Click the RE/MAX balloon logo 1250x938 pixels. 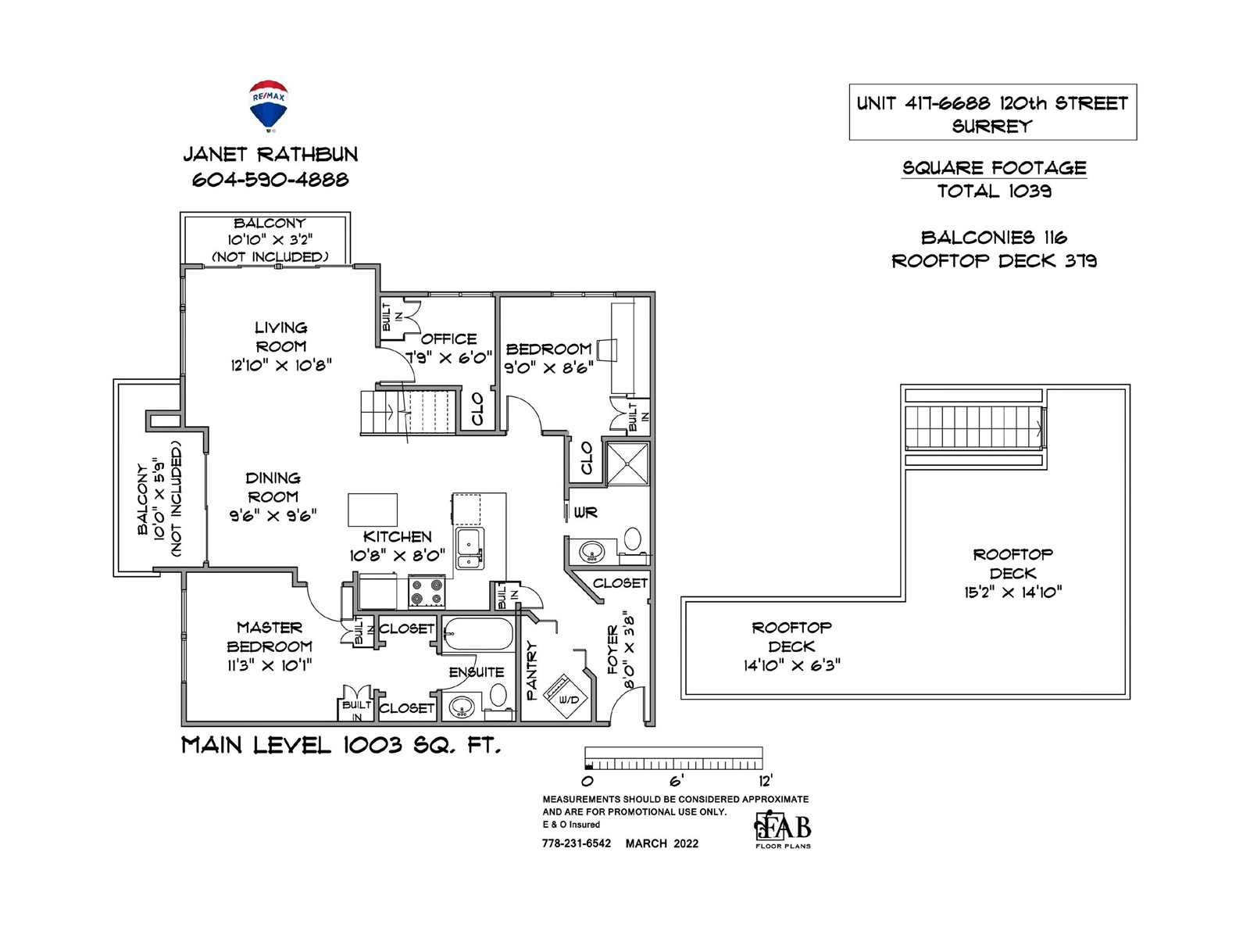pyautogui.click(x=269, y=106)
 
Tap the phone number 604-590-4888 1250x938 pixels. pyautogui.click(x=270, y=180)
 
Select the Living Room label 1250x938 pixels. pyautogui.click(x=281, y=337)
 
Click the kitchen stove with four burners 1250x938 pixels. pyautogui.click(x=427, y=591)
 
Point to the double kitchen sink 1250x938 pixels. pyautogui.click(x=470, y=548)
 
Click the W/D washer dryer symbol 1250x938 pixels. pyautogui.click(x=565, y=696)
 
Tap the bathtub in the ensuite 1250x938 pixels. pyautogui.click(x=477, y=634)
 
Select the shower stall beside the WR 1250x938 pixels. pyautogui.click(x=627, y=464)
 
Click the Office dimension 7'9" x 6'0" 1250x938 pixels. pyautogui.click(x=449, y=358)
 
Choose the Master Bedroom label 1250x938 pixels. pyautogui.click(x=270, y=637)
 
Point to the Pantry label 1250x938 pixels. pyautogui.click(x=531, y=671)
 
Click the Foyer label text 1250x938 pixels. pyautogui.click(x=613, y=650)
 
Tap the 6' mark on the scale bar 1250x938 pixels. pyautogui.click(x=677, y=780)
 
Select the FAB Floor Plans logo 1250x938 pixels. pyautogui.click(x=783, y=829)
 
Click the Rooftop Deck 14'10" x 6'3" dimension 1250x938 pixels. pyautogui.click(x=791, y=665)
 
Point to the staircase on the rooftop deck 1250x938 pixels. pyautogui.click(x=975, y=427)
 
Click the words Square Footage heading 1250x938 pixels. pyautogui.click(x=995, y=168)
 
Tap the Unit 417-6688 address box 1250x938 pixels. pyautogui.click(x=993, y=113)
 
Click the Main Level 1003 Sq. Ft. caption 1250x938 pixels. pyautogui.click(x=341, y=746)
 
